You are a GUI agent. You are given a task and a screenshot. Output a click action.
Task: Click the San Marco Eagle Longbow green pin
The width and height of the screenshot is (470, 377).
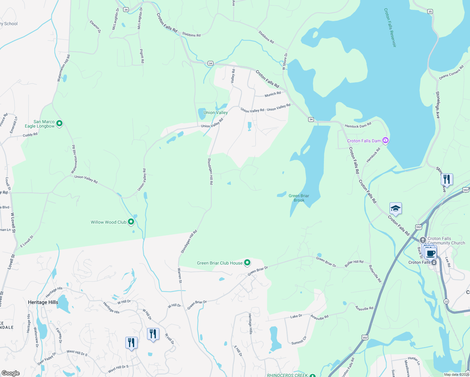[59, 123]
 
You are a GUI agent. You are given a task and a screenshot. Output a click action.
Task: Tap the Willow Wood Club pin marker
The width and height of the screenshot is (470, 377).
[131, 222]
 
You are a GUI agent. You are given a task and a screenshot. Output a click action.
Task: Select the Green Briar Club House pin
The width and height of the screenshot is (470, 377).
[247, 262]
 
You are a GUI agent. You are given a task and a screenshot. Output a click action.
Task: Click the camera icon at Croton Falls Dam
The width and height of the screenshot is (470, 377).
[385, 140]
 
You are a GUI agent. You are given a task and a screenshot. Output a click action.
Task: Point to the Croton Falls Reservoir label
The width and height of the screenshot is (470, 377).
[390, 28]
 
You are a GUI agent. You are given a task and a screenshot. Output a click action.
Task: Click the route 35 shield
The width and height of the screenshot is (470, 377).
[430, 11]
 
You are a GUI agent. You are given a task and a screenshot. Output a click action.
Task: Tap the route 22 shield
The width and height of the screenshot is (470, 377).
[446, 301]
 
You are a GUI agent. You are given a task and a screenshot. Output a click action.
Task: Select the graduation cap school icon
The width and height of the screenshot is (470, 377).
[396, 209]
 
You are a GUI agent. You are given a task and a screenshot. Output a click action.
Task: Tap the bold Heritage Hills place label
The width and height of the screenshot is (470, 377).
[43, 302]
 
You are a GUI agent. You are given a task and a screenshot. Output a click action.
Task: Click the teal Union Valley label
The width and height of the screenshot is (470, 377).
[216, 112]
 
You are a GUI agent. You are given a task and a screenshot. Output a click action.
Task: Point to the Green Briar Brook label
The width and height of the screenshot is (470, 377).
[299, 198]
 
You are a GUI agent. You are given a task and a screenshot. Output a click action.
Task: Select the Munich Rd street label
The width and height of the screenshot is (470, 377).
[273, 94]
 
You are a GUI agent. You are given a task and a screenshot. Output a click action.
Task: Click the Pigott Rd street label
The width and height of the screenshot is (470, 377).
[142, 56]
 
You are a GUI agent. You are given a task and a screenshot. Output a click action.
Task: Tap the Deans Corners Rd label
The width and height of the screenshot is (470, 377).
[451, 73]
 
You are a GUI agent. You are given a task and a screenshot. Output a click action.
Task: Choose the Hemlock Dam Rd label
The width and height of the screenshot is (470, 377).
[358, 125]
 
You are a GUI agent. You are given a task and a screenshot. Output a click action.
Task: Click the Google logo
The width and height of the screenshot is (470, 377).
[11, 373]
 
